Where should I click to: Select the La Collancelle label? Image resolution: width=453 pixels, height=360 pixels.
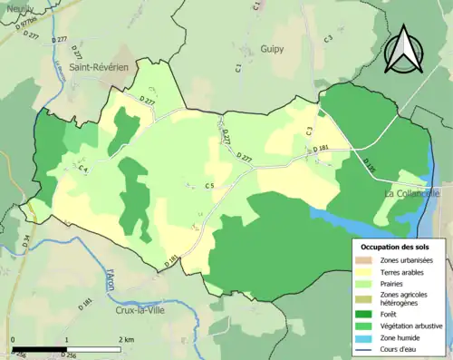tap(412, 193)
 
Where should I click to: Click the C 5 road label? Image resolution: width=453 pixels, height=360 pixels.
tap(209, 187)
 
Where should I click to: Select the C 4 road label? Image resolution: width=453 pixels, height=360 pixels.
tap(82, 169)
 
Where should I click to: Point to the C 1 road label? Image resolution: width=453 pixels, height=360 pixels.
tap(239, 67)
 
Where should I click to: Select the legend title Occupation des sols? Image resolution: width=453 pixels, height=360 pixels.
tap(396, 246)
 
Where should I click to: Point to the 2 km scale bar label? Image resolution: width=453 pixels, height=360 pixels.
tap(125, 338)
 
